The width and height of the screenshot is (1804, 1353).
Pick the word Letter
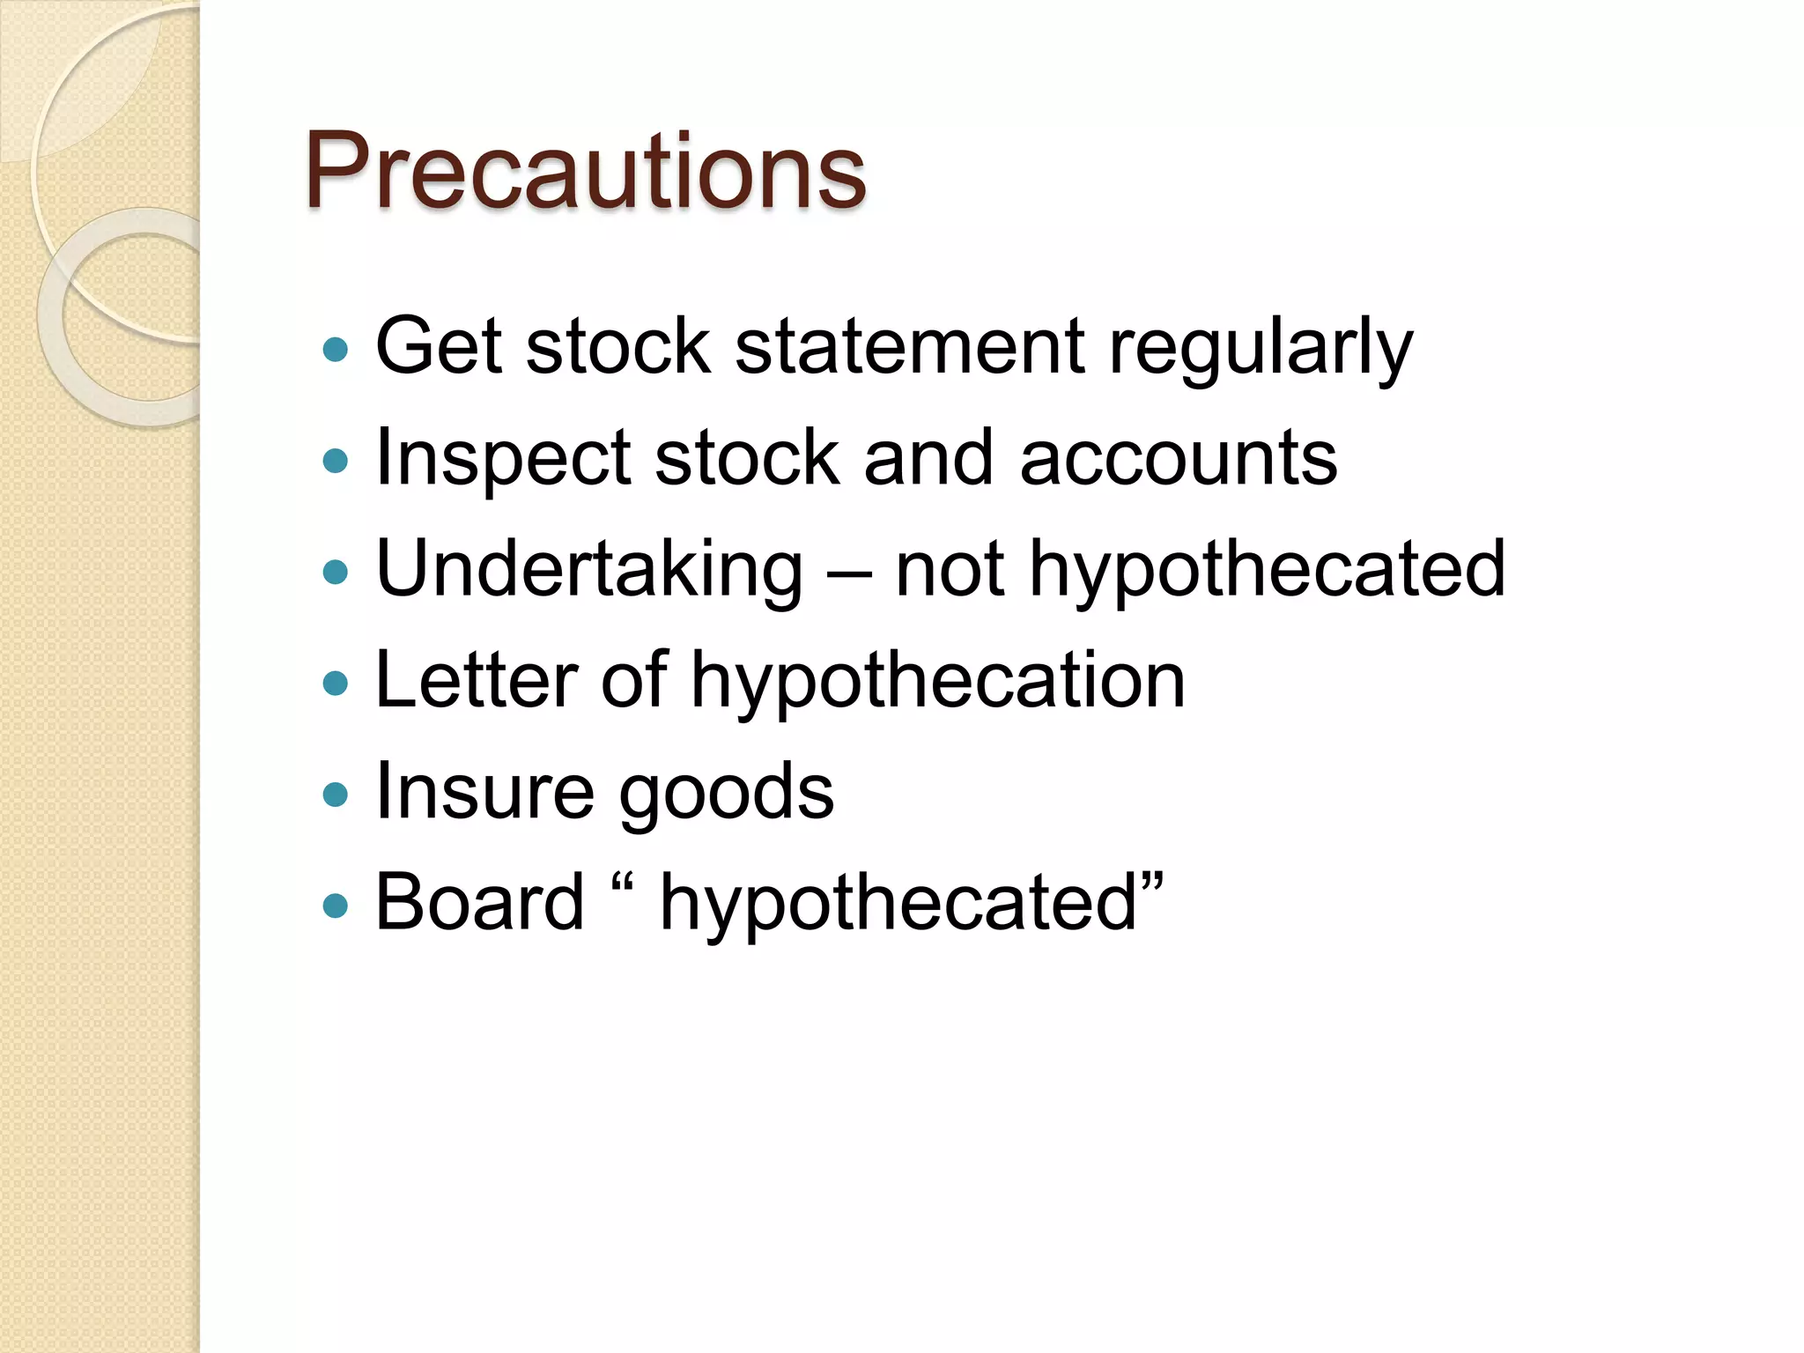477,679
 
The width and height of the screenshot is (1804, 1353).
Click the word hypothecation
938,683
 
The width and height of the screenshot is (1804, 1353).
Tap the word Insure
485,790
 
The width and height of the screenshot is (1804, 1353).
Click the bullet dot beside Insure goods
336,795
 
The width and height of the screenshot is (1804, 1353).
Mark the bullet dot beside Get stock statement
336,351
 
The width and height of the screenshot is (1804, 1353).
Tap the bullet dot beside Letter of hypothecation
336,684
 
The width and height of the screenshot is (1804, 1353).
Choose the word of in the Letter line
633,679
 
